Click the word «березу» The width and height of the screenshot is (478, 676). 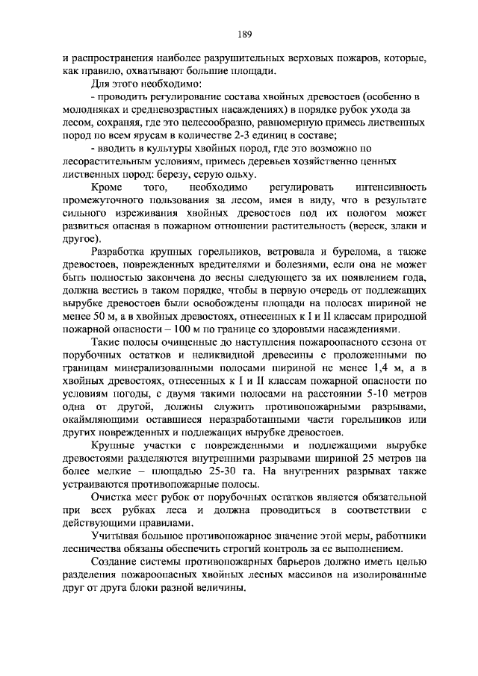point(180,173)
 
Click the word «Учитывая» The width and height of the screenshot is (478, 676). point(116,535)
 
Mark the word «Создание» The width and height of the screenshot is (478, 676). point(114,561)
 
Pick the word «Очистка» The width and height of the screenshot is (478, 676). point(112,496)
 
